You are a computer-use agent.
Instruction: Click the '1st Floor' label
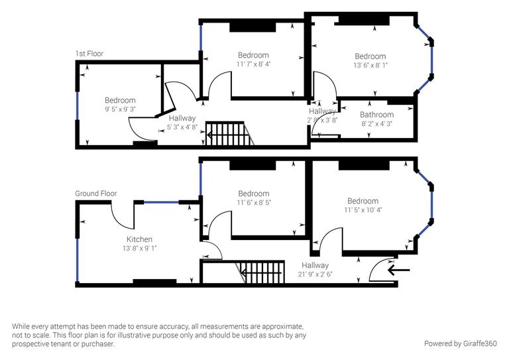coord(89,54)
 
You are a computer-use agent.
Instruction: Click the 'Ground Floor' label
coord(95,194)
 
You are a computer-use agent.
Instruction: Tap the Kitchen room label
coord(140,239)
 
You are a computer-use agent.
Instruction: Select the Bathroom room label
coord(376,115)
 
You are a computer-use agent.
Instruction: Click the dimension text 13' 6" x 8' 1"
coord(370,66)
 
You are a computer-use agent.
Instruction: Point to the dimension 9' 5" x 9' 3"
coord(120,109)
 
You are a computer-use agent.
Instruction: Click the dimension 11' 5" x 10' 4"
coord(363,210)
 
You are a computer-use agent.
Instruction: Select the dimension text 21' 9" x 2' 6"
coord(315,274)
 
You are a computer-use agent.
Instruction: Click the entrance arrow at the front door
coord(399,270)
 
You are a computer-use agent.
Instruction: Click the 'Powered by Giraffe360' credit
coord(461,343)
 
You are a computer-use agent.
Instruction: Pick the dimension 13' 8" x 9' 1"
coord(140,248)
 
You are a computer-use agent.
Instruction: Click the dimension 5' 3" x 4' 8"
coord(182,127)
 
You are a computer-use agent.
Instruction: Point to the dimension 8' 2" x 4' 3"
coord(376,123)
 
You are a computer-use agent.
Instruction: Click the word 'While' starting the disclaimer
coord(23,327)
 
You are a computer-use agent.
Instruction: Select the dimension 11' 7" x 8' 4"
coord(253,64)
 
